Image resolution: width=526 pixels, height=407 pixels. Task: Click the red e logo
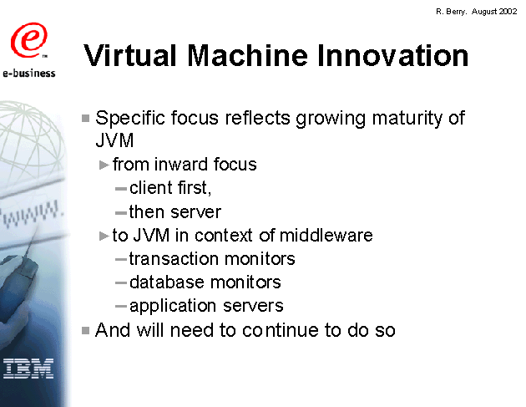click(x=28, y=40)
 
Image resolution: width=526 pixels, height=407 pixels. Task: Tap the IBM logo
click(x=28, y=369)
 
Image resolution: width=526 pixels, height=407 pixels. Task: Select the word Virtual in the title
click(x=129, y=55)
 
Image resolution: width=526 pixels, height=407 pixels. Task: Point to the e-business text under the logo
click(x=29, y=73)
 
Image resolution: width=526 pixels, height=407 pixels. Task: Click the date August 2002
click(x=494, y=12)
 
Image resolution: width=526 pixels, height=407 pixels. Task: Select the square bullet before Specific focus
click(x=85, y=118)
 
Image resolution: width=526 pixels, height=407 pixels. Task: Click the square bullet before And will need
click(x=85, y=331)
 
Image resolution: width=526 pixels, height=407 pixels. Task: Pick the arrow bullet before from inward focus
click(x=104, y=165)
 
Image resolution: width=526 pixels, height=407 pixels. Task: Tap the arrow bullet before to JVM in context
click(x=104, y=236)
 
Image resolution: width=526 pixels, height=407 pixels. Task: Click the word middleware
click(x=326, y=235)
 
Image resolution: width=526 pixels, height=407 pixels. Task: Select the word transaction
click(x=174, y=259)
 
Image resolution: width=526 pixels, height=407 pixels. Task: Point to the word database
click(x=167, y=282)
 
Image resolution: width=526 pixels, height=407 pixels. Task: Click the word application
click(x=173, y=307)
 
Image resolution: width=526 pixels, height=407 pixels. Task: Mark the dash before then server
click(x=120, y=213)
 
